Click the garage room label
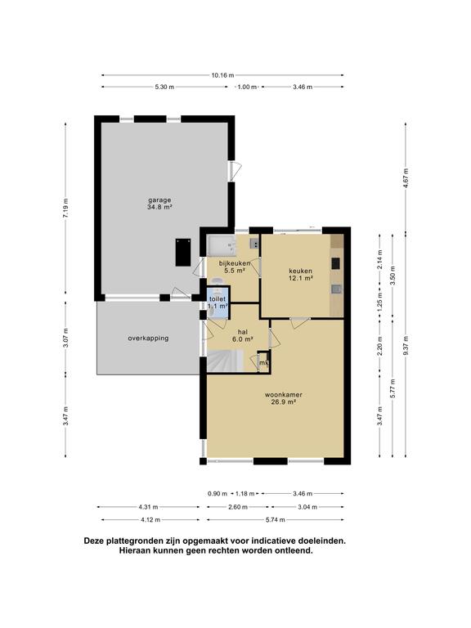[x=159, y=200]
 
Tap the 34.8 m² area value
[x=159, y=208]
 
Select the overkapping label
[x=148, y=338]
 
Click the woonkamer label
[x=283, y=395]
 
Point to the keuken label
[x=300, y=271]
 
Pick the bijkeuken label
[x=235, y=263]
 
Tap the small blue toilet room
[x=218, y=303]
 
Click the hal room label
[x=243, y=332]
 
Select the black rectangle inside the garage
[x=183, y=253]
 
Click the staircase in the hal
[x=225, y=361]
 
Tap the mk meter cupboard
[x=263, y=362]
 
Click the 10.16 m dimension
[x=222, y=75]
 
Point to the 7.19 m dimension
[x=65, y=208]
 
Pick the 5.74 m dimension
[x=276, y=519]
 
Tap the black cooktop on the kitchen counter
[x=335, y=263]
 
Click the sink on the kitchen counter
[x=336, y=289]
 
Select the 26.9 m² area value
[x=283, y=402]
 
